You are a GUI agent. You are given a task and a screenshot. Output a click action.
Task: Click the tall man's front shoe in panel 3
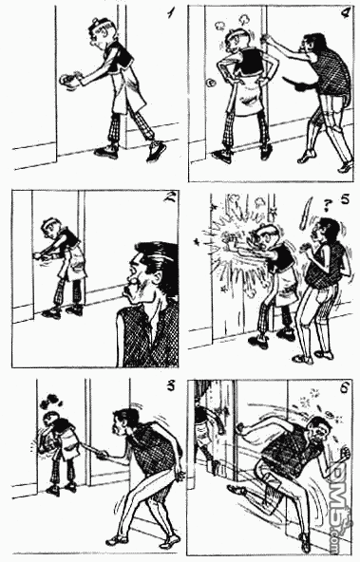pyautogui.click(x=117, y=539)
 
